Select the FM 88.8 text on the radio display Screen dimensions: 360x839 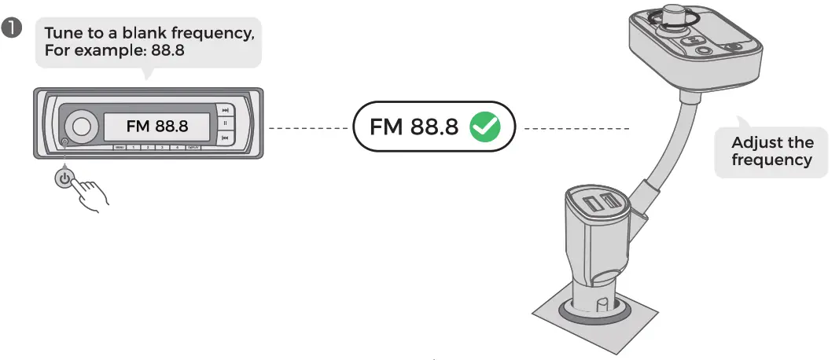156,126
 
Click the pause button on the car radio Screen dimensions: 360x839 225,124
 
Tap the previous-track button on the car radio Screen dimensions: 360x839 225,138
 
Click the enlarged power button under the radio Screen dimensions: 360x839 65,178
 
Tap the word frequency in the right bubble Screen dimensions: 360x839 771,160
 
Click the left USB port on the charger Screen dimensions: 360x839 590,204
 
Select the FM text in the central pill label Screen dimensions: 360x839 386,127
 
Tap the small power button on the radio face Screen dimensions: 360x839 64,141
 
